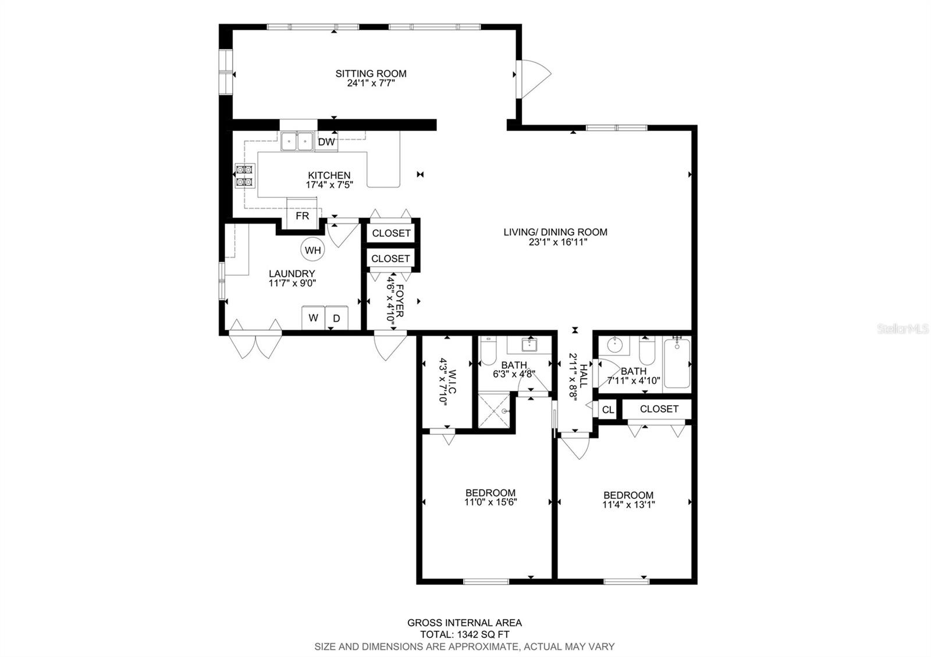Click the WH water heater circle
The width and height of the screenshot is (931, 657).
click(312, 251)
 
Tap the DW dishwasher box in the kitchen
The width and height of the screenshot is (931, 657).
click(326, 142)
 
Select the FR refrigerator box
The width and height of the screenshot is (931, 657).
click(303, 215)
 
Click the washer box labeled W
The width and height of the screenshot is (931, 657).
click(313, 317)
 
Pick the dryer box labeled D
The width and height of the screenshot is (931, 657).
click(336, 318)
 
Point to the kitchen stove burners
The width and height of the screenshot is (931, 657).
click(244, 176)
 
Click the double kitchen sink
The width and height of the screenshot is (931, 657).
click(297, 141)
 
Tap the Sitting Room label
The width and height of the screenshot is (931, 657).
click(371, 74)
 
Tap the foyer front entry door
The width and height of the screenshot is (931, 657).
click(389, 346)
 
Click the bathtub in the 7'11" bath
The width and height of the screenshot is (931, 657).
click(677, 365)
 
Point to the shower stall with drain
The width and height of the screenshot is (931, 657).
click(495, 410)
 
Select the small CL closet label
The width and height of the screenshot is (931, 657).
click(607, 410)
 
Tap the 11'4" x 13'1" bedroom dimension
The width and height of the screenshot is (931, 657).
click(628, 505)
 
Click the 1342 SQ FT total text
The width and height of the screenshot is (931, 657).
click(464, 634)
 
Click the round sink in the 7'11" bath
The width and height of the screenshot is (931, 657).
click(614, 345)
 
